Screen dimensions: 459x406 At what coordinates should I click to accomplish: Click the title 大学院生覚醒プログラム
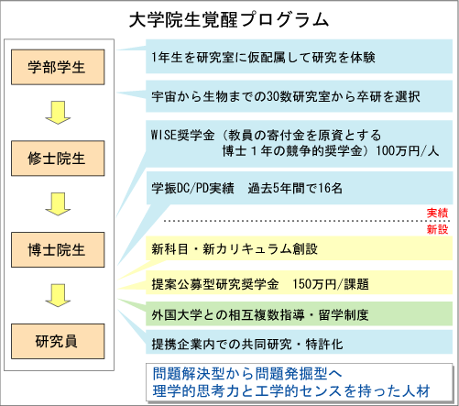(229, 20)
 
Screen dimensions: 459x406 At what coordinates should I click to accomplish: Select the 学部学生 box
(58, 67)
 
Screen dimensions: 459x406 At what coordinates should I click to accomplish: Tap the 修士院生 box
(58, 159)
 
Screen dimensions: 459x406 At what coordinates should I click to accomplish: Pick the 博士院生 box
(58, 249)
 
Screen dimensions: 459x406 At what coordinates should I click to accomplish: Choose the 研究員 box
(58, 341)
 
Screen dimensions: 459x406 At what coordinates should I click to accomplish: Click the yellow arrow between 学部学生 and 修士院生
(58, 113)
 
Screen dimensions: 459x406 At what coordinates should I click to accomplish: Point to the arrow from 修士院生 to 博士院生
(58, 204)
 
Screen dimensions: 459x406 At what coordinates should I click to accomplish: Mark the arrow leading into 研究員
(58, 295)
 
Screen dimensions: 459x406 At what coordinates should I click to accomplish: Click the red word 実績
(437, 213)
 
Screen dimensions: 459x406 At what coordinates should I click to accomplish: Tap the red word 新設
(437, 229)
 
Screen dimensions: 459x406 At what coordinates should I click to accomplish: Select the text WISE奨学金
(182, 136)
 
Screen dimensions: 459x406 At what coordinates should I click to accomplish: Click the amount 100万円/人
(408, 151)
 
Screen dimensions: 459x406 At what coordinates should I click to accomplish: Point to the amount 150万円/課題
(331, 284)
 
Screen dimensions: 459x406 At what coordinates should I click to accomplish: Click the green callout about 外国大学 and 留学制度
(299, 313)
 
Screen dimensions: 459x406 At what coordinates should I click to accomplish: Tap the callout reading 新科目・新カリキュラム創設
(299, 248)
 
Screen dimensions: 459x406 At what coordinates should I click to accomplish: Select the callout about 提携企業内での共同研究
(299, 342)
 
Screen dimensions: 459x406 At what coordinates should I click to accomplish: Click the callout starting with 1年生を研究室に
(299, 57)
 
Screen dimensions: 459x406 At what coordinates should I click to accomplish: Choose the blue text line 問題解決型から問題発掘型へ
(247, 373)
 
